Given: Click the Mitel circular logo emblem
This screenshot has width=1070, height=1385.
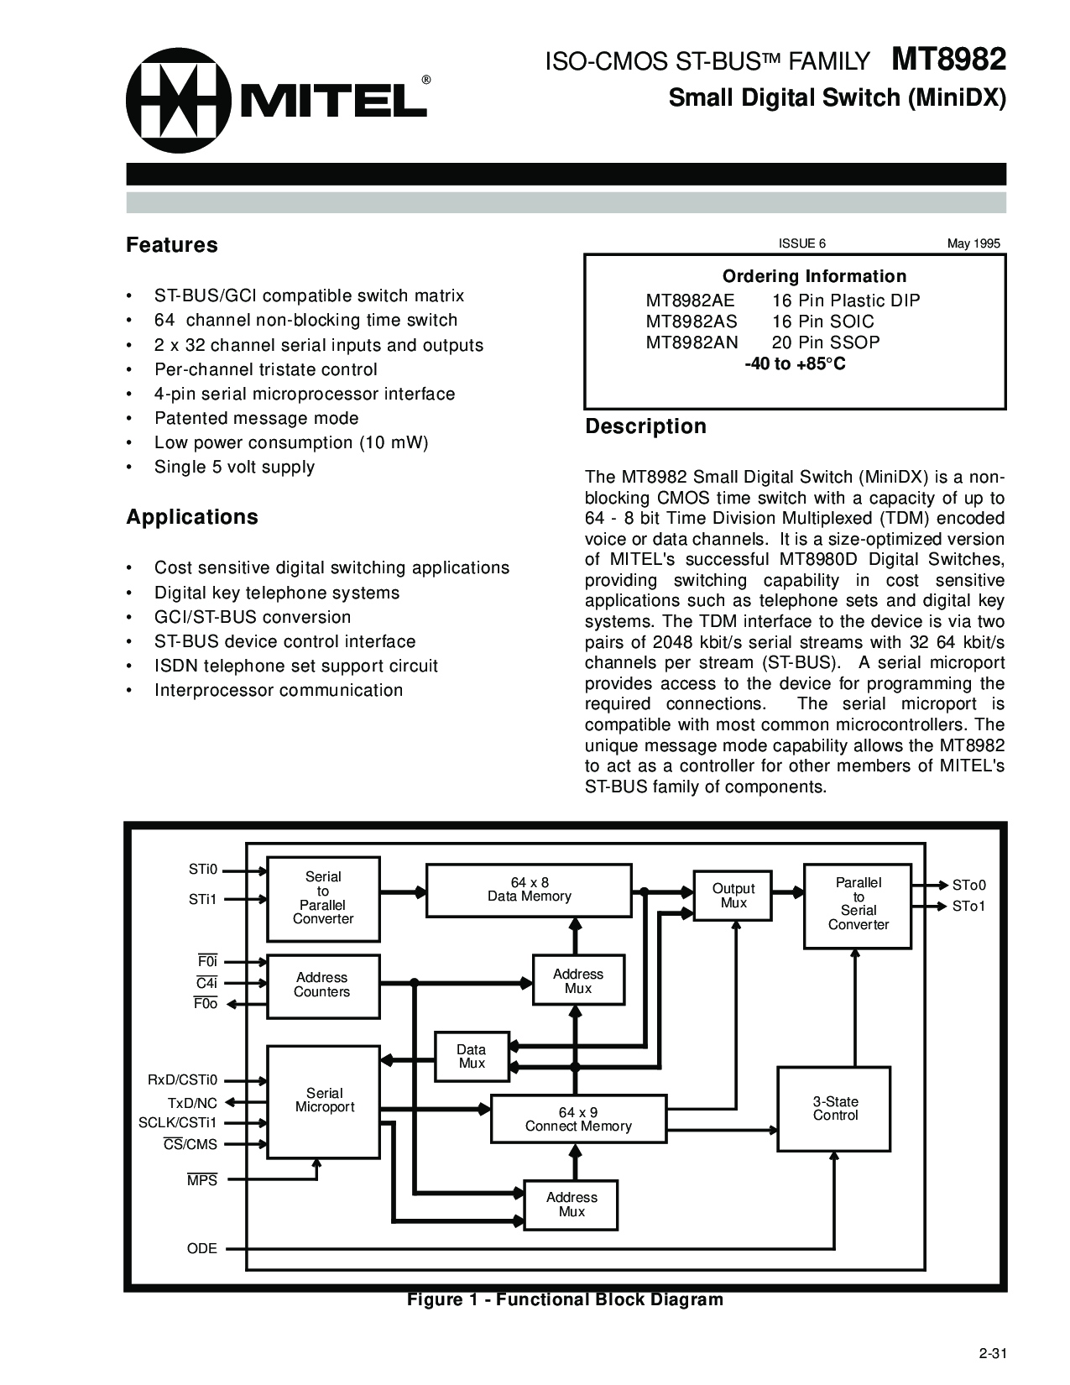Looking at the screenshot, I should (178, 101).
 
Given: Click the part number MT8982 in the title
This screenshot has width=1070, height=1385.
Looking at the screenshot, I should (948, 60).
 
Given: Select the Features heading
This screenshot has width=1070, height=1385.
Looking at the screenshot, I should (172, 245).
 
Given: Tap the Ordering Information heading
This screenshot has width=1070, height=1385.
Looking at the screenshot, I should (814, 276).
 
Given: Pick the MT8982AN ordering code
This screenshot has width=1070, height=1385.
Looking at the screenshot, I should (692, 342).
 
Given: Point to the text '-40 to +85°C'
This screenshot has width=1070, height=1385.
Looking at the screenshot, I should (795, 363).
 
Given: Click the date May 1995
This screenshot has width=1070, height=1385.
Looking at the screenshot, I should (973, 243).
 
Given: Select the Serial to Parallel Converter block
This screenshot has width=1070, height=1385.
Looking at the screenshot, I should (323, 898).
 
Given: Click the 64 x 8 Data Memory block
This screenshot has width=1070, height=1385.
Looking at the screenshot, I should (529, 890).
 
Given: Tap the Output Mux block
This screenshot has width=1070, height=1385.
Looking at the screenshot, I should (733, 896).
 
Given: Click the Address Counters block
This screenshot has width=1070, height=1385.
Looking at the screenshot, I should (322, 985).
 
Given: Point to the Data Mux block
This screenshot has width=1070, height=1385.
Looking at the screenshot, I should (472, 1056).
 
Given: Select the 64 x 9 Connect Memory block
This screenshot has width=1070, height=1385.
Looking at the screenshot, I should (578, 1119).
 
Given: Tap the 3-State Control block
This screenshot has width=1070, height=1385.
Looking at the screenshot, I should (834, 1109).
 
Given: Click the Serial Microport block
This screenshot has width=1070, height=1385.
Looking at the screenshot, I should (324, 1100).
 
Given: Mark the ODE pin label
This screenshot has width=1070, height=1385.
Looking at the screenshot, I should (202, 1248).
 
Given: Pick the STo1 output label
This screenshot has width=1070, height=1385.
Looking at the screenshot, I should (968, 907).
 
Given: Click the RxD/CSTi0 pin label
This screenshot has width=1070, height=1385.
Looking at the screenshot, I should (182, 1080).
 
